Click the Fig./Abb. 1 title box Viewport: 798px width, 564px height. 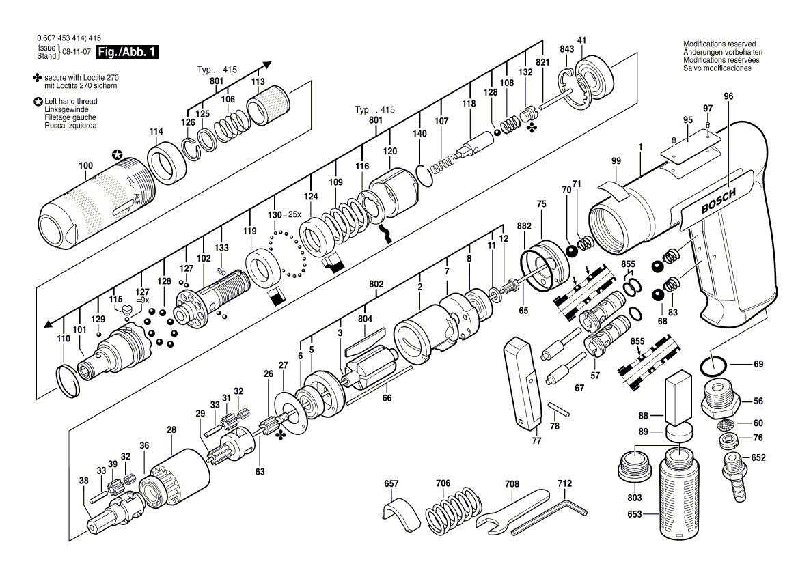pyautogui.click(x=127, y=52)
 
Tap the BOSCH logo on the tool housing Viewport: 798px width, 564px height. pyautogui.click(x=718, y=201)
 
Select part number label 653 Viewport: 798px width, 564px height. pyautogui.click(x=635, y=514)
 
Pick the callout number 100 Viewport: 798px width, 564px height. pyautogui.click(x=85, y=165)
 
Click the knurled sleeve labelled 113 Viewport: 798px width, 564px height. pyautogui.click(x=269, y=106)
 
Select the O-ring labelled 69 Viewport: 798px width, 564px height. pyautogui.click(x=715, y=365)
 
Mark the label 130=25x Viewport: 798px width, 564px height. pyautogui.click(x=284, y=214)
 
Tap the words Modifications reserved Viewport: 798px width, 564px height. pyautogui.click(x=719, y=44)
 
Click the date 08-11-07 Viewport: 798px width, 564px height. pyautogui.click(x=77, y=52)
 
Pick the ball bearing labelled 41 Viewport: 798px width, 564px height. pyautogui.click(x=594, y=78)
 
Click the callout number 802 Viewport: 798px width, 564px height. pyautogui.click(x=376, y=284)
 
